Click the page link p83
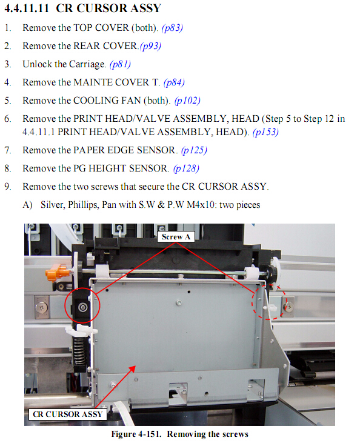[x=172, y=28]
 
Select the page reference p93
[x=150, y=46]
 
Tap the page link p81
[x=120, y=64]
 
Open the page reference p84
[x=174, y=82]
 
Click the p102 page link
[x=187, y=101]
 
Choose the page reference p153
[x=265, y=132]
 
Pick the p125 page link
[x=194, y=150]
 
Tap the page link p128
[x=186, y=168]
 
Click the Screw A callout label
[x=176, y=237]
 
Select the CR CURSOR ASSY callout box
[x=67, y=414]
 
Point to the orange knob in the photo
[x=57, y=272]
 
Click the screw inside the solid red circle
[x=82, y=307]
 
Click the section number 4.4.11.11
[x=27, y=8]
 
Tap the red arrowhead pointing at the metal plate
[x=132, y=369]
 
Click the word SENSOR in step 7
[x=157, y=150]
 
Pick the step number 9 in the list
[x=7, y=187]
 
